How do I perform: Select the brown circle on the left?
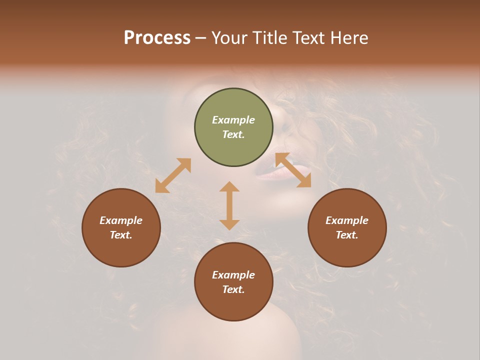point(121,227)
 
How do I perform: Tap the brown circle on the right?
point(347,227)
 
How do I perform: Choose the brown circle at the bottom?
point(233,282)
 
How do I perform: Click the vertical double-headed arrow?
point(229,205)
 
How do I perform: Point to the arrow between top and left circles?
point(173,175)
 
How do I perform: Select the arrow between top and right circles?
point(293,170)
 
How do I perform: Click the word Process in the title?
point(157,38)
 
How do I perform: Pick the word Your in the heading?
point(230,38)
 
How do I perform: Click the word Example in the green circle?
point(233,120)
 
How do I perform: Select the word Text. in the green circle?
point(233,134)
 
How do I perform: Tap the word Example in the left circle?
point(121,220)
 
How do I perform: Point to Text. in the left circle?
point(121,235)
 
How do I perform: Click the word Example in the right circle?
point(347,220)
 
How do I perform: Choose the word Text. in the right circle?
point(347,235)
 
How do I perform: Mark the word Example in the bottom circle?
point(233,275)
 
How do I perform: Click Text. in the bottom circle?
point(233,289)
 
